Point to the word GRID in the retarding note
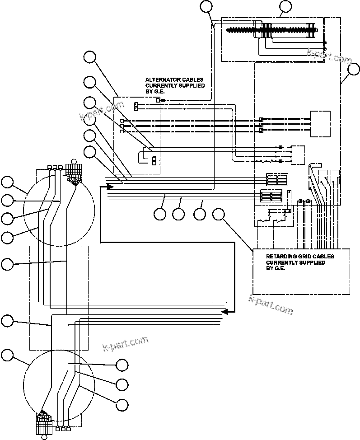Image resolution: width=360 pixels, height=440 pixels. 310,257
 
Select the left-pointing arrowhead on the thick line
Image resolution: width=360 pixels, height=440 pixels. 224,311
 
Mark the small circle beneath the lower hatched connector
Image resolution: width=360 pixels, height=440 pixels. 44,436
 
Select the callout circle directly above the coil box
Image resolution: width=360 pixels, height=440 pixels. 285,6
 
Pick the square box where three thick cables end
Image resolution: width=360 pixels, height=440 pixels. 320,123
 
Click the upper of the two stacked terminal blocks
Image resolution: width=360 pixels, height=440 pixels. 276,179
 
